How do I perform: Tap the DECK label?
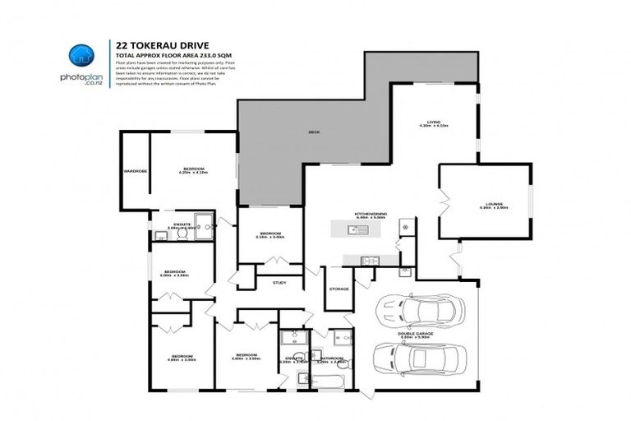click(x=313, y=132)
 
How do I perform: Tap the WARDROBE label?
click(x=135, y=171)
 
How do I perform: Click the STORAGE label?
click(x=339, y=289)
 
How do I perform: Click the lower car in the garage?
click(x=419, y=359)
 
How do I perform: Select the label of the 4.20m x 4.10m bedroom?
click(x=193, y=169)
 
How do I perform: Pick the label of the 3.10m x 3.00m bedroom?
click(x=272, y=234)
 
